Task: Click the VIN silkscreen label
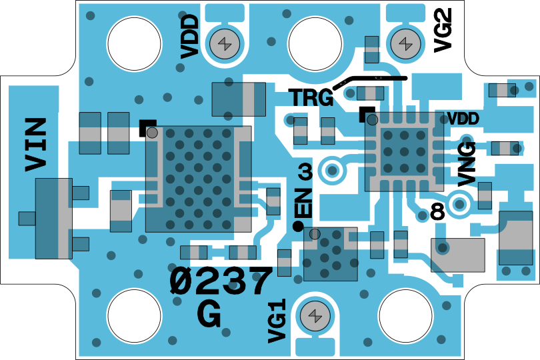coord(36,144)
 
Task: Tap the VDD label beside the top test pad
coord(190,36)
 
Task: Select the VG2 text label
coord(443,30)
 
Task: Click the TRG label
coord(311,98)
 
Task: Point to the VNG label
coord(467,163)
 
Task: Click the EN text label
coord(303,203)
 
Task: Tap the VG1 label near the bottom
coord(277,321)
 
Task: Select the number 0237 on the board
coord(221,282)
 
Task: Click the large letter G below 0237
coord(209,314)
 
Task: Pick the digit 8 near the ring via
coord(437,212)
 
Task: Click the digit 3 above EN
coord(305,173)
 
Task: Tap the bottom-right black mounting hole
coord(405,317)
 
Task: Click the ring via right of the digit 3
coord(331,169)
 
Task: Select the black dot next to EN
coord(298,226)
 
